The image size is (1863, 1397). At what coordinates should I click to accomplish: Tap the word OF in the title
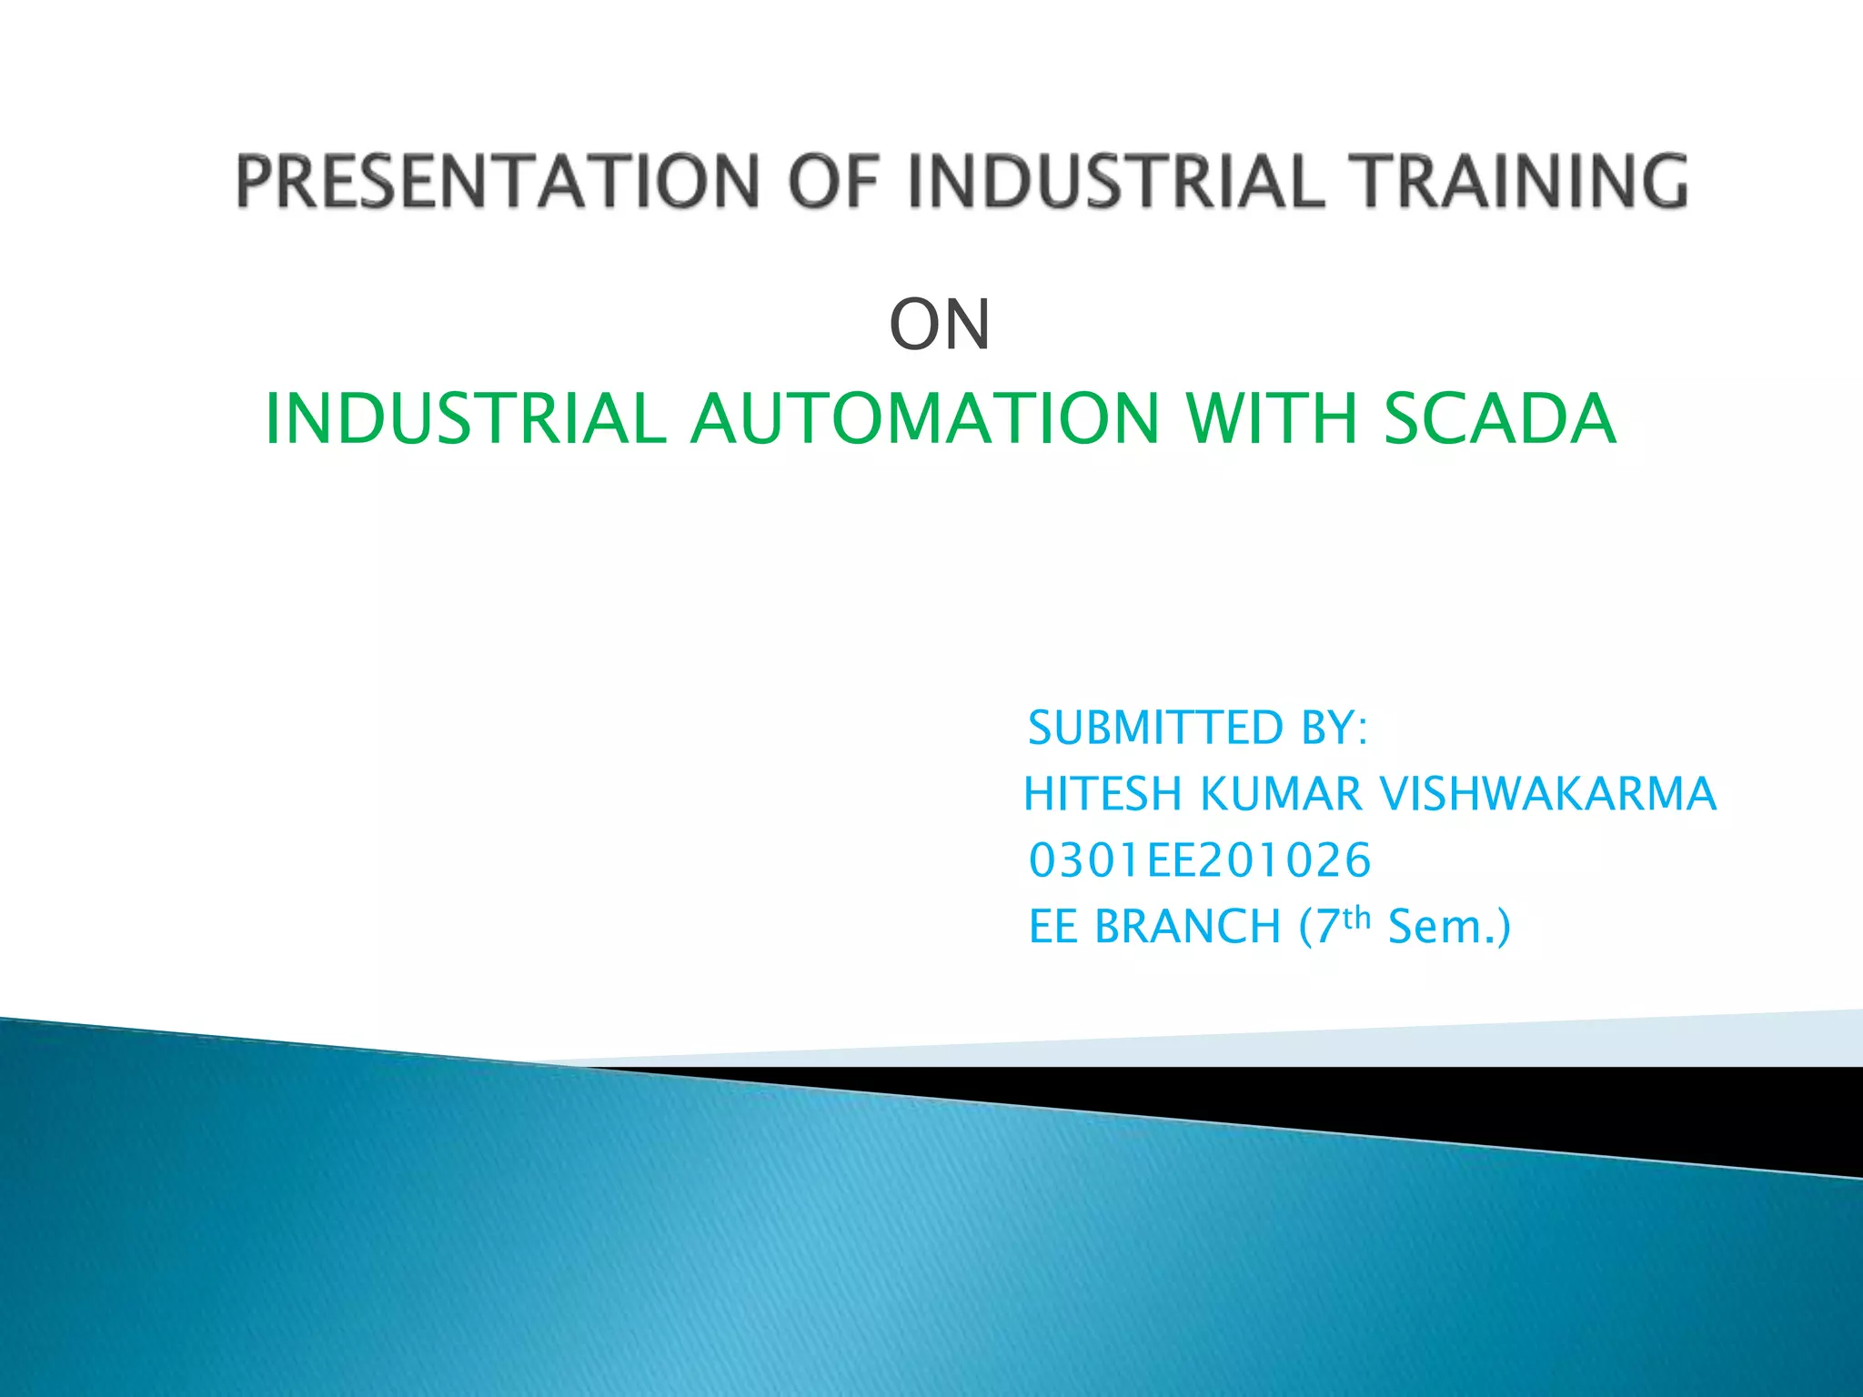pos(833,181)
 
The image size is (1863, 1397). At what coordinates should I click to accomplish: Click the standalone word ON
pos(940,326)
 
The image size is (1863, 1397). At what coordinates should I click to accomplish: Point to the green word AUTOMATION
pos(924,419)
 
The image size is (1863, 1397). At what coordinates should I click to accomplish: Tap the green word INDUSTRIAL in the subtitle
pos(465,419)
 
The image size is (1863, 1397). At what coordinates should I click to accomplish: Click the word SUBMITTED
pos(1155,729)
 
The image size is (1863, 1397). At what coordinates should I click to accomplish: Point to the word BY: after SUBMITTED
pos(1334,729)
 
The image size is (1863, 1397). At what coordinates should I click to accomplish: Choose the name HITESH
pos(1102,794)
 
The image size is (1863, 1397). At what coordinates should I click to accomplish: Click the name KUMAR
pos(1281,794)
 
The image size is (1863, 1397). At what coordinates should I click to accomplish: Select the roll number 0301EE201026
pos(1199,860)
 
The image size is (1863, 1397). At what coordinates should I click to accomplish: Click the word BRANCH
pos(1187,927)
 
